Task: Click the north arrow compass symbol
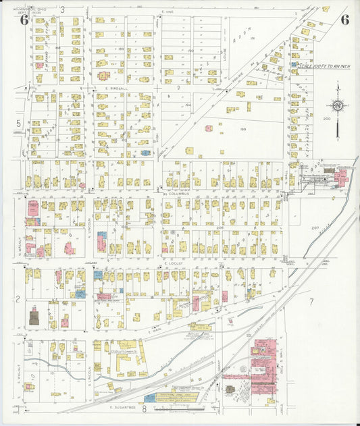[x=336, y=106]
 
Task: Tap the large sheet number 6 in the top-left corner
[x=24, y=19]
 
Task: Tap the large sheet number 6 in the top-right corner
[x=344, y=19]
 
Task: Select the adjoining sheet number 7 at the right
[x=311, y=301]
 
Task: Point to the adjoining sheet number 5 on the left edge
[x=18, y=123]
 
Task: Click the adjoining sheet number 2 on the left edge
[x=18, y=298]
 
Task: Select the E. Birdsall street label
[x=116, y=88]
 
